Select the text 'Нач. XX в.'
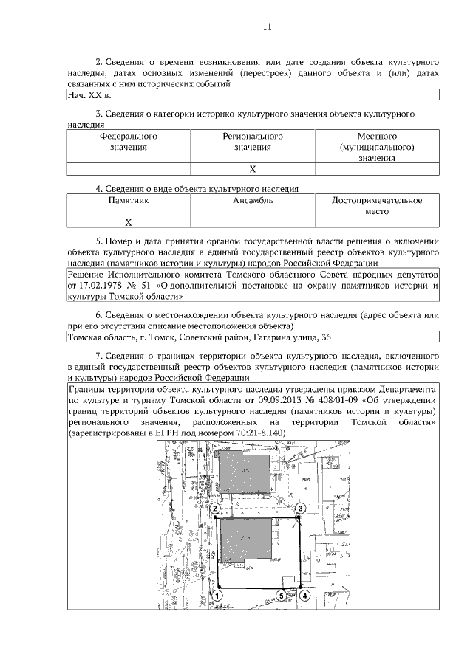point(89,95)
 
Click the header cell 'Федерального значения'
point(128,142)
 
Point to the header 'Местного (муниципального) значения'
point(377,148)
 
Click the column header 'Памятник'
point(128,201)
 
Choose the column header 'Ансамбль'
point(253,201)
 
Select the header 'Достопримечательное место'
point(377,206)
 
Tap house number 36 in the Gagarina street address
point(325,338)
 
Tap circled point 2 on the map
point(214,509)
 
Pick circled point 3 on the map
point(301,509)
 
